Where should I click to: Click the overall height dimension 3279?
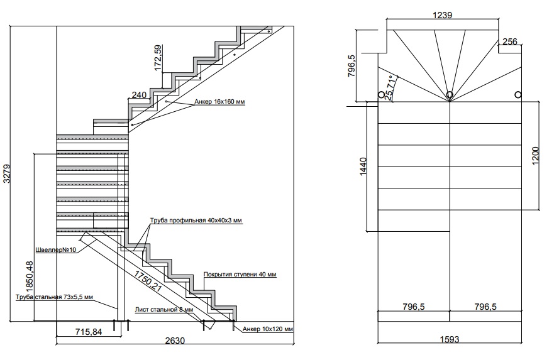pyautogui.click(x=7, y=173)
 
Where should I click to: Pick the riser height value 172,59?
pyautogui.click(x=158, y=57)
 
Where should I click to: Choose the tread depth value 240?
pyautogui.click(x=139, y=95)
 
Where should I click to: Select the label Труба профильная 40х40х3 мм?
pyautogui.click(x=196, y=221)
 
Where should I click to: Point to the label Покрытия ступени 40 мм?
pyautogui.click(x=240, y=275)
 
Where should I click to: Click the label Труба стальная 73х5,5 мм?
pyautogui.click(x=55, y=297)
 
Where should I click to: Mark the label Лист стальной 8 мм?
pyautogui.click(x=164, y=310)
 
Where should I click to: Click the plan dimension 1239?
pyautogui.click(x=443, y=16)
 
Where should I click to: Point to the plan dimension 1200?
pyautogui.click(x=535, y=155)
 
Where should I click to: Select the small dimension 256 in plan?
pyautogui.click(x=510, y=42)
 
